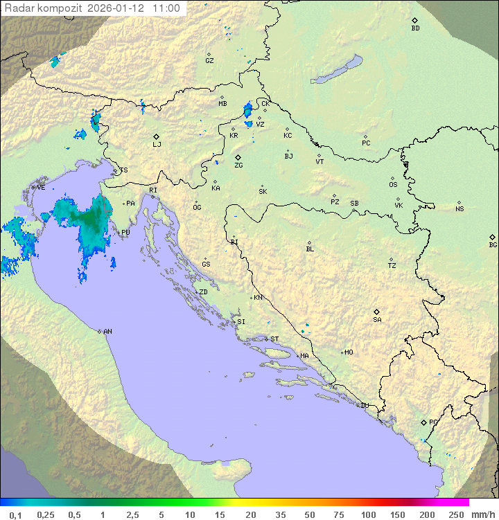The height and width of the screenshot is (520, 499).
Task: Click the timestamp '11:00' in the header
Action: tap(167, 9)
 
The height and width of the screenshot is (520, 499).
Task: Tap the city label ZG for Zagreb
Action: tap(238, 165)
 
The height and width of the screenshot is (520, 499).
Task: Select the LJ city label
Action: tap(157, 144)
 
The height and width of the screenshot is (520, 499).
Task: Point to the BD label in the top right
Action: tap(415, 28)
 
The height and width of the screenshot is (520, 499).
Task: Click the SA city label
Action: tap(377, 319)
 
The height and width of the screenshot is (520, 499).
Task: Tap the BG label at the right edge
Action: tap(493, 244)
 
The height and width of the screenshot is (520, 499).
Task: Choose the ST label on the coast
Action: tap(274, 339)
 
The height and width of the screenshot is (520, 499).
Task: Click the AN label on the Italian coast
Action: tap(107, 332)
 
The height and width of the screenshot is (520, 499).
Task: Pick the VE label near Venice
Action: tap(41, 188)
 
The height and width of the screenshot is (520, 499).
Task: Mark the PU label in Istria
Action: tap(125, 233)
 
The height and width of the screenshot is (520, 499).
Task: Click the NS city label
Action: tap(459, 209)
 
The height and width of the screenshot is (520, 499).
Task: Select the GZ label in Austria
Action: tap(209, 61)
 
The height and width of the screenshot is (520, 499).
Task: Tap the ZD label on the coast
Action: tap(203, 292)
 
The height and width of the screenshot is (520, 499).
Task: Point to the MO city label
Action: tap(349, 352)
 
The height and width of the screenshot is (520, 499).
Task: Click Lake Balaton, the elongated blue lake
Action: tap(337, 70)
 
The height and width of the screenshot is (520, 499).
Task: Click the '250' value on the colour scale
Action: tap(456, 514)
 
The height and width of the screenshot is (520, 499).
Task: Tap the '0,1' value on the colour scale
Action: tap(15, 514)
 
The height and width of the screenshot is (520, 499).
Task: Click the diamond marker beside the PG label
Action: tap(423, 422)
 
